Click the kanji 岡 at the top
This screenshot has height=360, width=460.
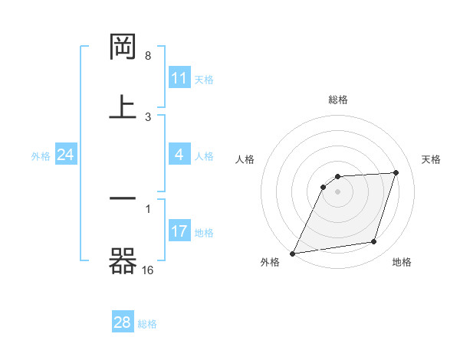pyautogui.click(x=123, y=47)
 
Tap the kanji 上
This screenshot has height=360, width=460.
pyautogui.click(x=123, y=107)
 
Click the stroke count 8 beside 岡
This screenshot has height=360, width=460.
pyautogui.click(x=148, y=56)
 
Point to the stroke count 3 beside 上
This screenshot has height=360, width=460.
pyautogui.click(x=148, y=116)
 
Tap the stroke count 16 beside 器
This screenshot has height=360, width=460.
pyautogui.click(x=148, y=270)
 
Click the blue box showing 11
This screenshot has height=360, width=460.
pyautogui.click(x=179, y=78)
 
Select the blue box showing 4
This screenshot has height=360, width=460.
pyautogui.click(x=179, y=155)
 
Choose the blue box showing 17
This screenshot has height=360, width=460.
pyautogui.click(x=179, y=231)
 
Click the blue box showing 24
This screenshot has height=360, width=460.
pyautogui.click(x=66, y=155)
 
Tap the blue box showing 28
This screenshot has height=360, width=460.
pyautogui.click(x=123, y=322)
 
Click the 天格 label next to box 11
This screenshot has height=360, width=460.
pyautogui.click(x=204, y=79)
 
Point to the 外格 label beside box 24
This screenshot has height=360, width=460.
pyautogui.click(x=41, y=155)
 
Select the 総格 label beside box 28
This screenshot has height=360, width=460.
pyautogui.click(x=147, y=323)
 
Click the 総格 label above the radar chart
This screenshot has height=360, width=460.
pyautogui.click(x=337, y=100)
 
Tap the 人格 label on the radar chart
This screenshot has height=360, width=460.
pyautogui.click(x=245, y=159)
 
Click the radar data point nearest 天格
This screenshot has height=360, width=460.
pyautogui.click(x=396, y=172)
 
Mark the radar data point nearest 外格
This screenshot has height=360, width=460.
pyautogui.click(x=292, y=253)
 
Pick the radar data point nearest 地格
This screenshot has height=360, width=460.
pyautogui.click(x=374, y=242)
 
